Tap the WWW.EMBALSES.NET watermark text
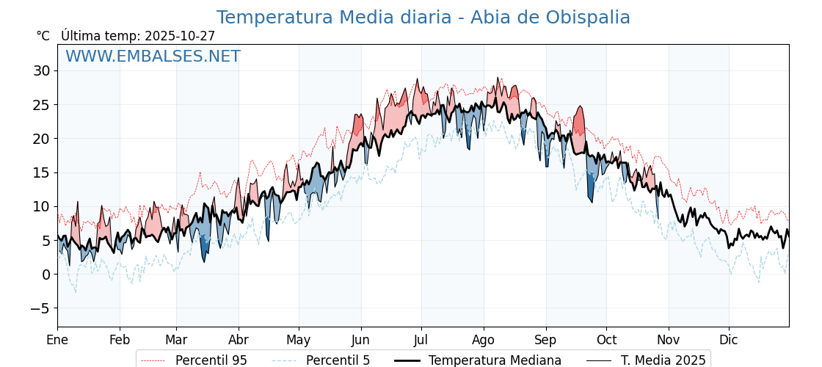pyautogui.click(x=153, y=57)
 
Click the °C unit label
pyautogui.click(x=43, y=36)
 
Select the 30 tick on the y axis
pyautogui.click(x=41, y=71)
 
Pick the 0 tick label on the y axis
pyautogui.click(x=46, y=275)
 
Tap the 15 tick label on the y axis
pyautogui.click(x=41, y=172)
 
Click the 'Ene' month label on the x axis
pyautogui.click(x=57, y=340)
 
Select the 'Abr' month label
pyautogui.click(x=239, y=340)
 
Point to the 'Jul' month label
pyautogui.click(x=421, y=340)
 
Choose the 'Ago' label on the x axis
pyautogui.click(x=483, y=340)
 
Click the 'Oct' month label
pyautogui.click(x=606, y=340)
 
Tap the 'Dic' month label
pyautogui.click(x=729, y=340)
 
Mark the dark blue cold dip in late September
pyautogui.click(x=590, y=187)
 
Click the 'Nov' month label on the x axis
pyautogui.click(x=669, y=340)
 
